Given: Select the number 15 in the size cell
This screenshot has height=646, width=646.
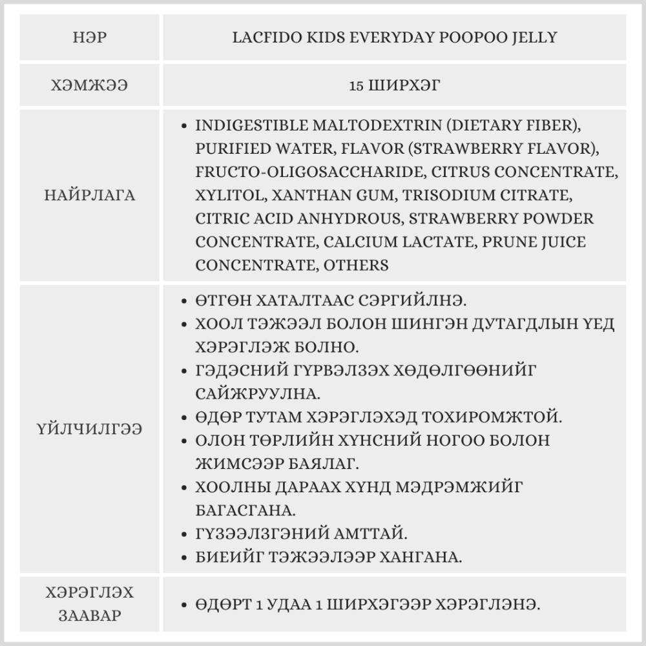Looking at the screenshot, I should tap(355, 85).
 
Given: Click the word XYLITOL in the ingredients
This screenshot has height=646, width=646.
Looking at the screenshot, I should tap(230, 195).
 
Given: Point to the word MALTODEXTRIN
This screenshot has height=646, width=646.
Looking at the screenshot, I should tap(349, 125).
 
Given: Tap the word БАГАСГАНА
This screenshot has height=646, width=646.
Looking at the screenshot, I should tap(245, 510).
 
